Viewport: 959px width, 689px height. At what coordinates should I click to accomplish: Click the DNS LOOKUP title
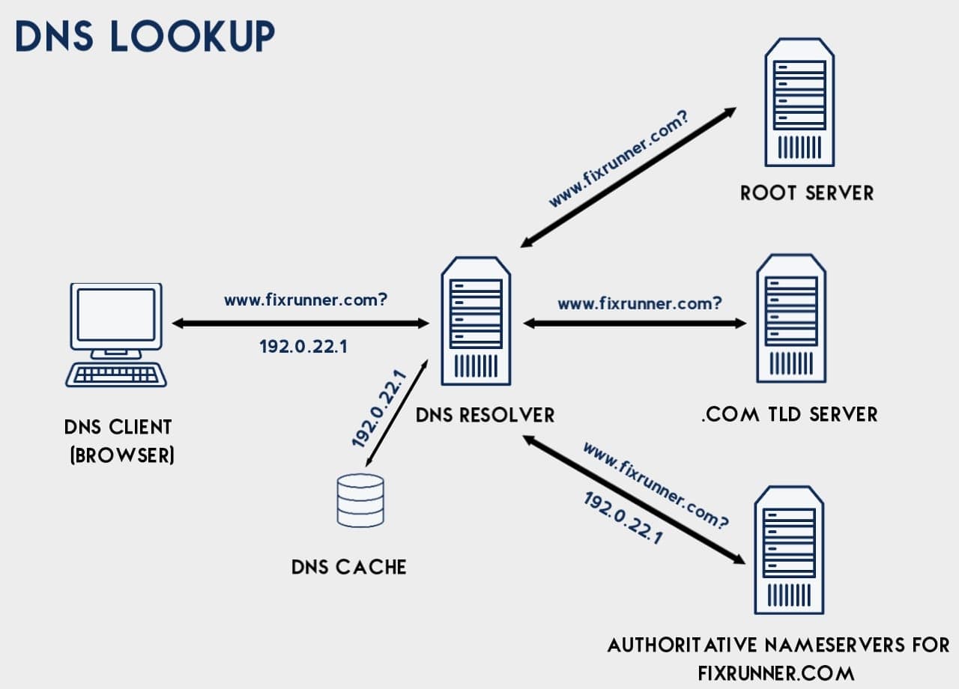click(145, 36)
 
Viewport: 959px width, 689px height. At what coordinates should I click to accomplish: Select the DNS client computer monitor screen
click(115, 315)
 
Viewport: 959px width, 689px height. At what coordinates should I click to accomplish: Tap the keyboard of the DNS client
click(116, 374)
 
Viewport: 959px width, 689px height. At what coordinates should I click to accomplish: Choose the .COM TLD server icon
click(791, 318)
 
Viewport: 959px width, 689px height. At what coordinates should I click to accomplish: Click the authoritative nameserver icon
click(789, 550)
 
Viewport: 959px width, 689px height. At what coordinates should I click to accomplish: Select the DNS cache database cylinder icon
click(360, 500)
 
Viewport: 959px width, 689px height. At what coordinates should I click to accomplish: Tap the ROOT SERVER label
click(807, 193)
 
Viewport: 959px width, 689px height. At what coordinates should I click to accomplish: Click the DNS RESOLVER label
click(485, 415)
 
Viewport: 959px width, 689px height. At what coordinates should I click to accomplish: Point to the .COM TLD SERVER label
click(789, 415)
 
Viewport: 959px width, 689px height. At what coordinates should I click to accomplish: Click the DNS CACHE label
click(349, 567)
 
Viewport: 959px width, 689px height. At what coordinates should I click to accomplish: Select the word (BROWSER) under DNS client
click(122, 456)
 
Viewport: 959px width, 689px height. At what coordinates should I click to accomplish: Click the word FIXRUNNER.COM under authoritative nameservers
click(775, 672)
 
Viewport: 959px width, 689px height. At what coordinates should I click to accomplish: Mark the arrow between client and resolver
click(300, 324)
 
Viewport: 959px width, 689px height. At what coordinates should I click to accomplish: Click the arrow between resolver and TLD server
click(635, 324)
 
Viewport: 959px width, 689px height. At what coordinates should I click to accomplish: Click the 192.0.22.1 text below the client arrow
click(303, 347)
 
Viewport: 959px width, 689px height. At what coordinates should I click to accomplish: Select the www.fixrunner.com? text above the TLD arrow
click(640, 303)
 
